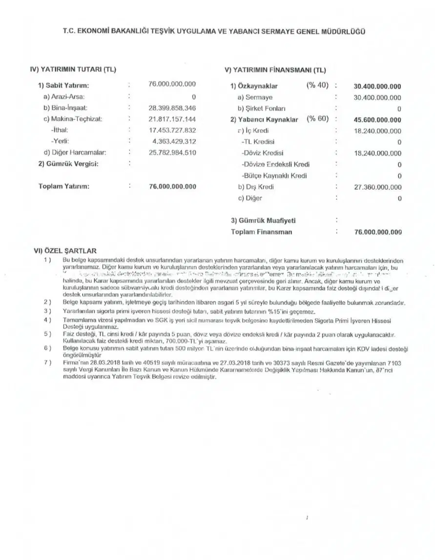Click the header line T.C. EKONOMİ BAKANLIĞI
click(214, 31)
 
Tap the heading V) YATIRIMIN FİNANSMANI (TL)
click(277, 69)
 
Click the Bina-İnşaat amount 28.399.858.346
click(172, 108)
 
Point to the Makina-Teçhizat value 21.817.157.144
click(172, 119)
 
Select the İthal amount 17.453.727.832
click(172, 130)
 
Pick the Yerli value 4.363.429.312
click(174, 141)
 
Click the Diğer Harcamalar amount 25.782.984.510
click(172, 152)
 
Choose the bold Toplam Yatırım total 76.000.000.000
click(172, 186)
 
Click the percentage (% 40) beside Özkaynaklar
click(317, 86)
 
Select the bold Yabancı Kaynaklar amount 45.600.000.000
click(377, 120)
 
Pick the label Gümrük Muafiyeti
click(263, 221)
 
